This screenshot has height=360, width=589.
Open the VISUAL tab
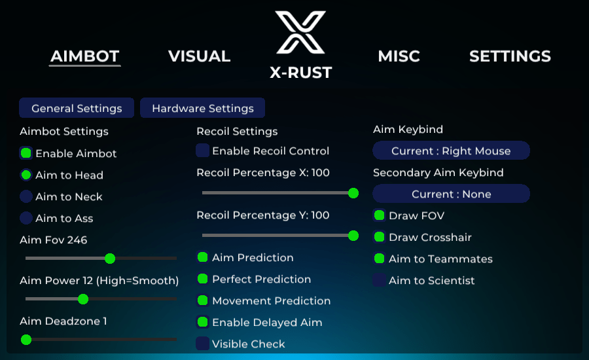click(x=199, y=56)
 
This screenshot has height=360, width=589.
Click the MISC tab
click(x=399, y=56)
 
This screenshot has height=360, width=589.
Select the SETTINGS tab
click(x=510, y=56)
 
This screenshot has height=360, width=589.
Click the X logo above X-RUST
click(x=300, y=32)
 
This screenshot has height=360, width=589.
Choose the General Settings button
click(x=77, y=108)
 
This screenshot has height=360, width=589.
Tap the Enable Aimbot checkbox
click(x=26, y=153)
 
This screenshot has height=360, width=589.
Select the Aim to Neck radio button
click(x=26, y=196)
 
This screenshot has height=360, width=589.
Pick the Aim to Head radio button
click(x=26, y=175)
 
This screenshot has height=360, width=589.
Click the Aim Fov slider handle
click(x=110, y=259)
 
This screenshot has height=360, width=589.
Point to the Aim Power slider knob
click(x=83, y=299)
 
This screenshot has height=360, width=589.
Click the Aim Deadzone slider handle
click(x=26, y=340)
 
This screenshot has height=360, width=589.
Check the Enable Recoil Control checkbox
click(x=202, y=151)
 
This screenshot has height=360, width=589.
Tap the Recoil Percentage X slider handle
click(x=353, y=193)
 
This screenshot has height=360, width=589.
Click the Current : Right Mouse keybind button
click(x=451, y=151)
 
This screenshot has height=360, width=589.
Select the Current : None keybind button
click(x=451, y=194)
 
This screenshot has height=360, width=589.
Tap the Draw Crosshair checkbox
click(x=380, y=237)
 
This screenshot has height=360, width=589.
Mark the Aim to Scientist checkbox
click(x=380, y=280)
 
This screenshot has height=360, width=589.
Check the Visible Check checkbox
click(x=202, y=344)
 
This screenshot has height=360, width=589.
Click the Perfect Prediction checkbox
click(x=202, y=279)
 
